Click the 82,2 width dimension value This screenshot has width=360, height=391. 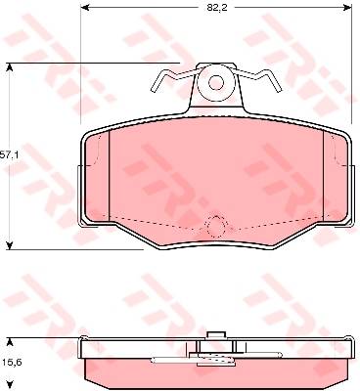[216, 8]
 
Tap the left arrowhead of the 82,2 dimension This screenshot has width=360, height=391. [85, 7]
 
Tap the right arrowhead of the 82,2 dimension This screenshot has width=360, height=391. [347, 7]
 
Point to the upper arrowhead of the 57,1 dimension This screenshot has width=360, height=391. [10, 67]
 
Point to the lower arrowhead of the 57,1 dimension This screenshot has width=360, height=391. [10, 245]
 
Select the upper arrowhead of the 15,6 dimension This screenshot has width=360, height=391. [10, 342]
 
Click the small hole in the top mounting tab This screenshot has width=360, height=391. [216, 83]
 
